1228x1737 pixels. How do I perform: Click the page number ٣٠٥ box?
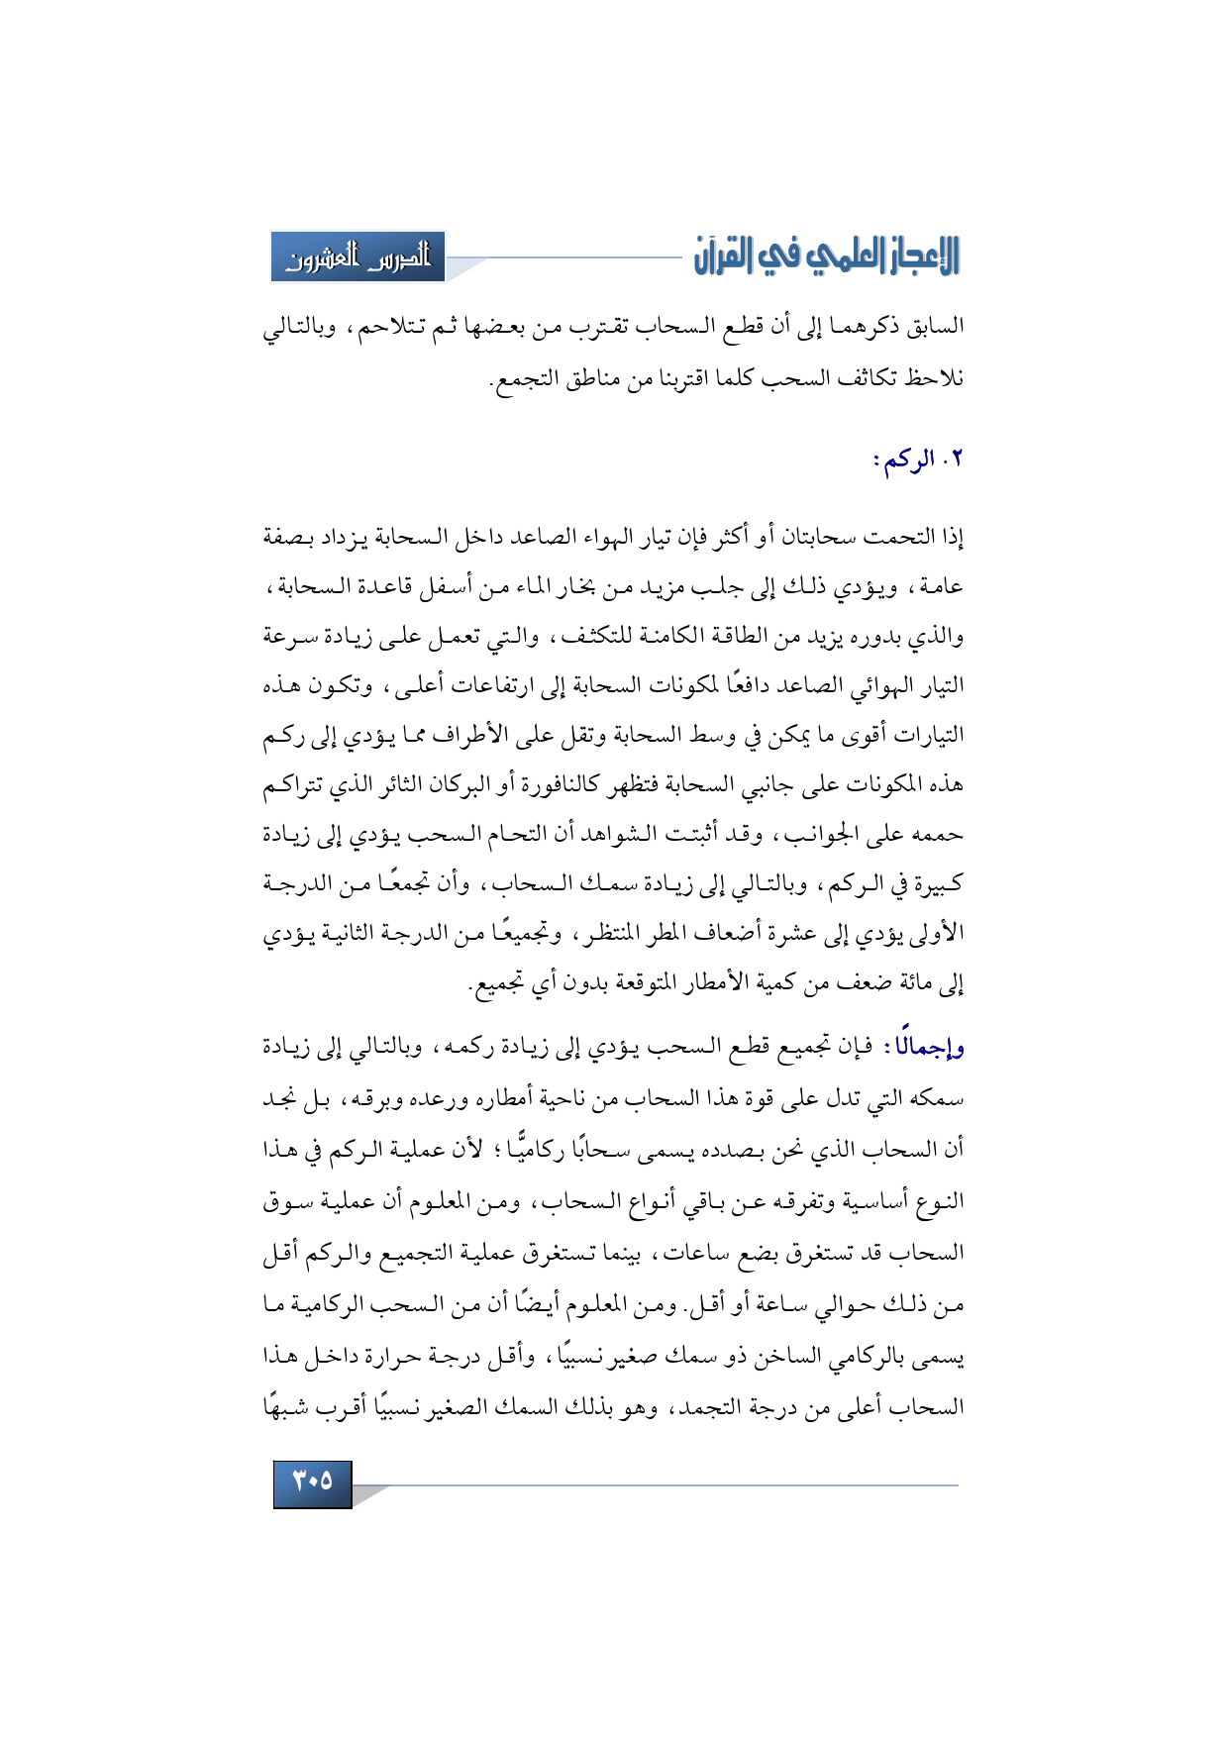click(312, 1482)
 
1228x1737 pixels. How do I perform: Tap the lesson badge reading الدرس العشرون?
click(358, 257)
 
